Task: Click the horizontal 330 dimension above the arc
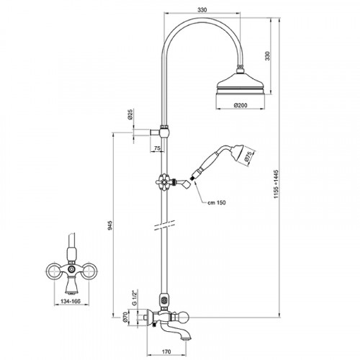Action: coord(202,10)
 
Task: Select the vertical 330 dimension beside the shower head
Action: coord(268,56)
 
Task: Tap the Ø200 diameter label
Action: coord(240,105)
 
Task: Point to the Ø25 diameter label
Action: coord(130,114)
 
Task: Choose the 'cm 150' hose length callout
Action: coord(217,202)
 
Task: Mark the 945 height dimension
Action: coord(109,225)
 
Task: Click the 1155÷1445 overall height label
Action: coord(276,184)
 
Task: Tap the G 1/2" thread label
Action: coord(134,298)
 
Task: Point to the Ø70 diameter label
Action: coord(125,318)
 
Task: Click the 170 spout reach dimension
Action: coord(166,352)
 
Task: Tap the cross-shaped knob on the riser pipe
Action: coord(164,181)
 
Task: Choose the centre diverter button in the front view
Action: coord(71,269)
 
